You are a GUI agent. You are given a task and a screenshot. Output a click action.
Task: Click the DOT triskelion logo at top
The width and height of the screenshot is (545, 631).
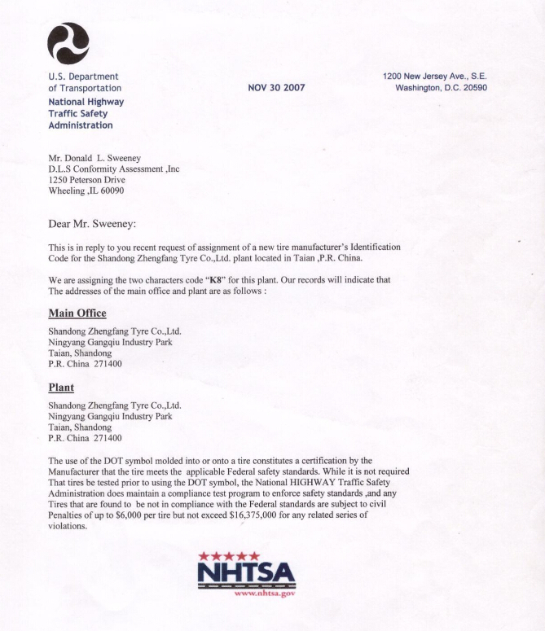coord(68,43)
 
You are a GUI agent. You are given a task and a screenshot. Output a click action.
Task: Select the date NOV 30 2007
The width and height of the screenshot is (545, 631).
coord(276,88)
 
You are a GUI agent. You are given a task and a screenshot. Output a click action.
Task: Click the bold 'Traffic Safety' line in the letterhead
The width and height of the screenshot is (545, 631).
coord(77,114)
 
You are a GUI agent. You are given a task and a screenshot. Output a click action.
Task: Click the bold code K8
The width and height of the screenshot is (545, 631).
coord(213,280)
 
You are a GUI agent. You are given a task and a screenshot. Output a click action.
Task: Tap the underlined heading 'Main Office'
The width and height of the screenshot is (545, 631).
coord(77,313)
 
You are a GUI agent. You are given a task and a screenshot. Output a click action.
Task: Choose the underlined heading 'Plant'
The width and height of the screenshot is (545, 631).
coord(61,388)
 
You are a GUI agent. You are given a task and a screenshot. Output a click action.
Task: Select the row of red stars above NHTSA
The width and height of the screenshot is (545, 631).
coord(230,555)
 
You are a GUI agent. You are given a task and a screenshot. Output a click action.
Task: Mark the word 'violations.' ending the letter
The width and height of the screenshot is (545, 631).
coord(68,526)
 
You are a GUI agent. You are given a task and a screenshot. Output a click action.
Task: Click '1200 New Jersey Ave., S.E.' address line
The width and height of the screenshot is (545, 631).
coord(434,77)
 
